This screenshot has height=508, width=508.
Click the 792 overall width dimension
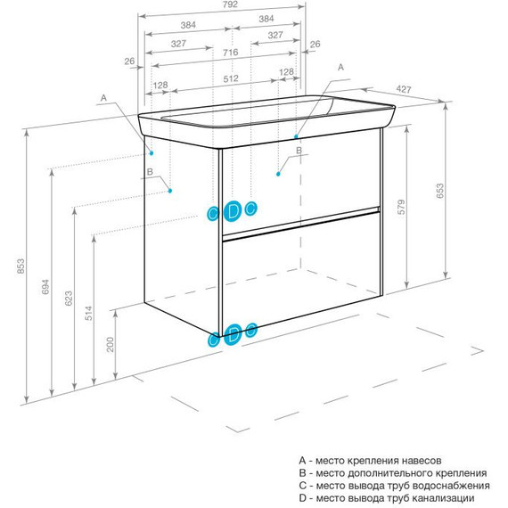tap(230, 4)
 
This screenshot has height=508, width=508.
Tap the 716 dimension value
tap(230, 53)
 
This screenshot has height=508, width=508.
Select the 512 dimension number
tap(231, 78)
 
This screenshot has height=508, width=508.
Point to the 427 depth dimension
tap(404, 89)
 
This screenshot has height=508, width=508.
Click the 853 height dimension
tap(20, 266)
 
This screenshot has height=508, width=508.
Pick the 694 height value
tap(45, 287)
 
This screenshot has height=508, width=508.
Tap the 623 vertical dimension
tap(69, 299)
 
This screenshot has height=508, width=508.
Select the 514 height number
tap(89, 314)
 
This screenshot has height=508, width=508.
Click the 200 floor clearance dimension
tap(111, 344)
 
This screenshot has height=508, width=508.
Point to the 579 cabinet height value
tap(401, 207)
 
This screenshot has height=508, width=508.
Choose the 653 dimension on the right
tap(439, 191)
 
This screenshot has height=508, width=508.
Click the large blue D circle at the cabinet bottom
tap(233, 334)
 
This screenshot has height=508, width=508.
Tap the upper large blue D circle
tap(233, 211)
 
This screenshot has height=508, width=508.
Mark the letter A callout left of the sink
tap(103, 98)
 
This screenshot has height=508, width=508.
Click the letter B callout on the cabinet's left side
tap(150, 172)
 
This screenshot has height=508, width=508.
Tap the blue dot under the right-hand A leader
tap(296, 136)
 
